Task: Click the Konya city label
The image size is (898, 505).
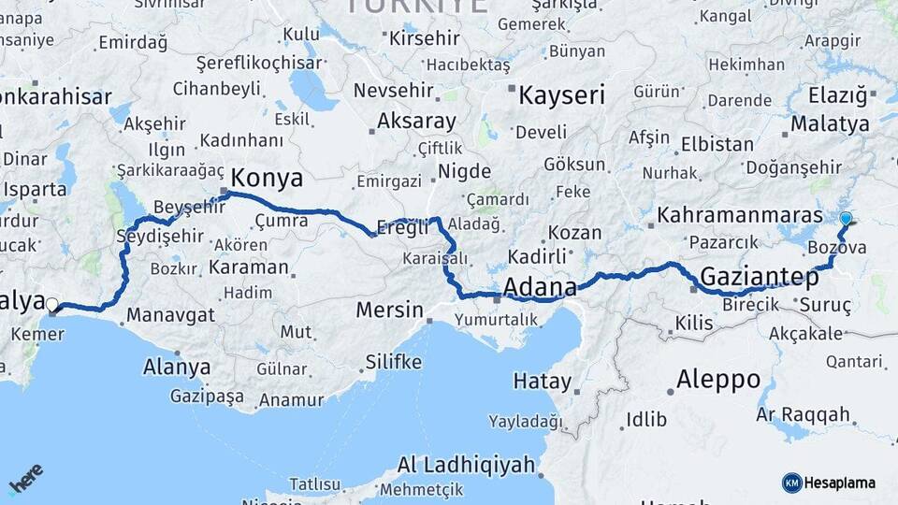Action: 267,178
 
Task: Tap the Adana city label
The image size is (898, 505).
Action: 541,286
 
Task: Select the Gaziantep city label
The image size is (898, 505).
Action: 760,276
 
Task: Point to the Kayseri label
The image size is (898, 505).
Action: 562,95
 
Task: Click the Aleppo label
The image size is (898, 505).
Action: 718,380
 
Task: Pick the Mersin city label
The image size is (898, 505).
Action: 389,310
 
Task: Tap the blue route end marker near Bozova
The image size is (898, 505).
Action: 846,219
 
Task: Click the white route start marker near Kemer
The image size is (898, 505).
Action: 52,305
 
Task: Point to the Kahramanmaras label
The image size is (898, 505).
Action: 739,215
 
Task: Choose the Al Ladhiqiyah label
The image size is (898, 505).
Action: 466,465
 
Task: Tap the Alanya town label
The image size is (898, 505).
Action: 177,368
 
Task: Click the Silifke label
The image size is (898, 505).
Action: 393,362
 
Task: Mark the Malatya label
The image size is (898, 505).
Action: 830,123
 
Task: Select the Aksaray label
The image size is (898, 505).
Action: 416,122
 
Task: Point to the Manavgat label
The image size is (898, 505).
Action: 170,315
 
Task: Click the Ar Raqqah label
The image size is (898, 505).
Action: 804,414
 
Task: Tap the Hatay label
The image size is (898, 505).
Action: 542,382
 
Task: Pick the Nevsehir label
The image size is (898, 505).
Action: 389,92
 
